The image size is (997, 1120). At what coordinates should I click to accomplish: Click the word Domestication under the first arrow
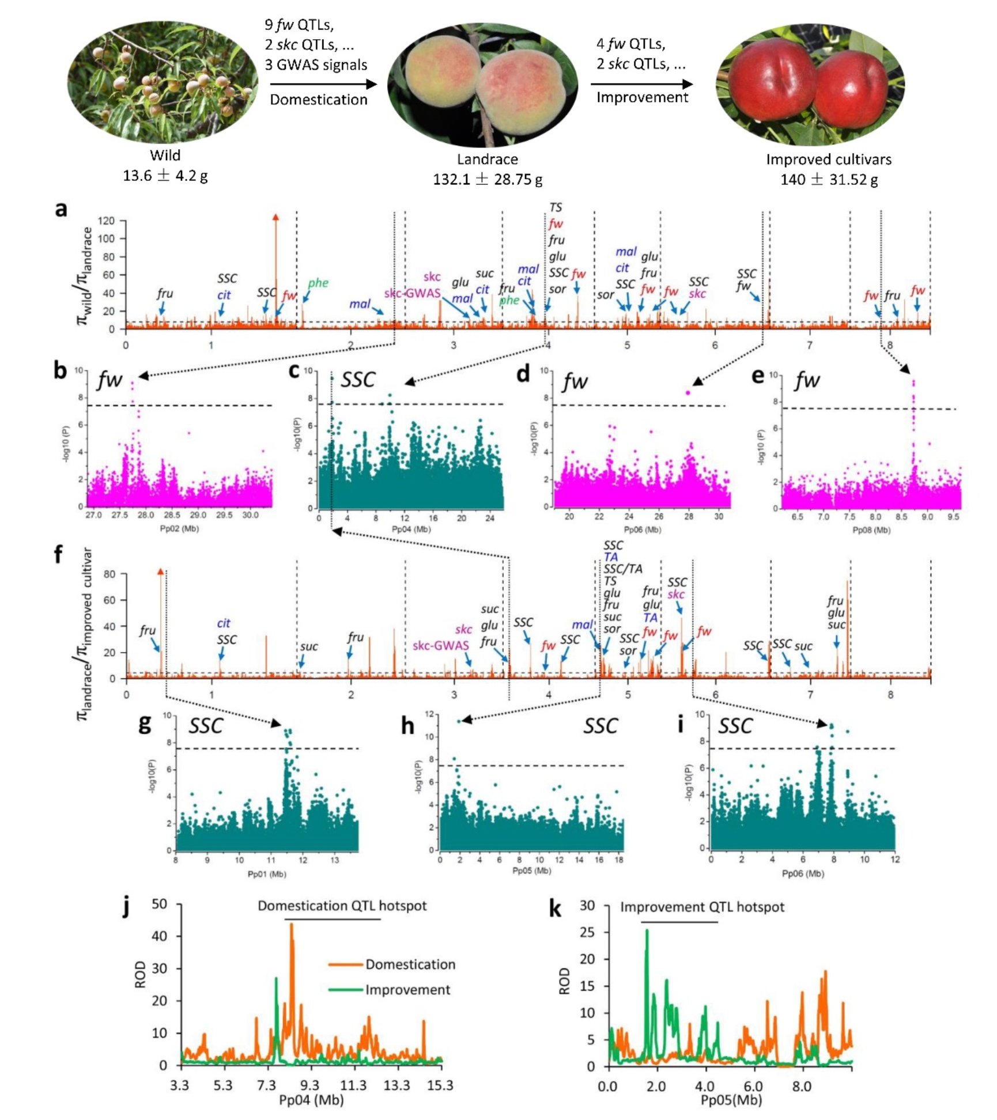[x=318, y=100]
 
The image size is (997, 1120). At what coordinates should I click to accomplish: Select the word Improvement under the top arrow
[x=642, y=97]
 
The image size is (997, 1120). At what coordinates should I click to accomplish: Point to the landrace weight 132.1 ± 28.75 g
[x=488, y=179]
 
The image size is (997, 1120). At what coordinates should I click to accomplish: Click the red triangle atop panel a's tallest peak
[x=275, y=217]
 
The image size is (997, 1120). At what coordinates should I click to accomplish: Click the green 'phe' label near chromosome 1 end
[x=318, y=282]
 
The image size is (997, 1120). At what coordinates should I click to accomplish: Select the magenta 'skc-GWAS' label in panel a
[x=412, y=293]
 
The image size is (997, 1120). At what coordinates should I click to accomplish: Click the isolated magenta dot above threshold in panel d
[x=688, y=392]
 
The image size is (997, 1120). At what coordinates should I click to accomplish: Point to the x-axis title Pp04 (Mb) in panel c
[x=411, y=529]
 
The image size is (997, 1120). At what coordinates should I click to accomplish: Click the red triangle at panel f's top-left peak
[x=160, y=571]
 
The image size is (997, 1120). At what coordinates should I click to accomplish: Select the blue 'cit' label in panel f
[x=224, y=623]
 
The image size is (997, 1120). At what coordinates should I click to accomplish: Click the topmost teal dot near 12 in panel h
[x=459, y=721]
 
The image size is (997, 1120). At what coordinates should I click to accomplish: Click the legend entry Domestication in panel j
[x=410, y=964]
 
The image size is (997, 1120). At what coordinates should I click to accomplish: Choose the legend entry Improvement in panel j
[x=407, y=989]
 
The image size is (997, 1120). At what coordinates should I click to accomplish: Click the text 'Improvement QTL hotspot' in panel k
[x=702, y=907]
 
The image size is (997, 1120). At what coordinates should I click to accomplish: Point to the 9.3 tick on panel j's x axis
[x=309, y=1085]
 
